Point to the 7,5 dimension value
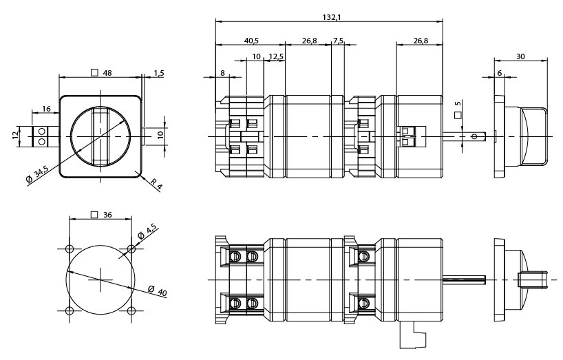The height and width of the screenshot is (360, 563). point(338,40)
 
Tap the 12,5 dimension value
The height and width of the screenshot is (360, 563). point(275,56)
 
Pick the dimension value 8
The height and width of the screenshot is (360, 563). point(222,72)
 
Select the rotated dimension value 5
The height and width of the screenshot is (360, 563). point(458,107)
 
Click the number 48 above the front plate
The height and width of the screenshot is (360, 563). point(107,72)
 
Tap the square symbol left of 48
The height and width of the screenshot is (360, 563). point(94,72)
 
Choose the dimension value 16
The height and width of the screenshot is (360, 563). point(45,109)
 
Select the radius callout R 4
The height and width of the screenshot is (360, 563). point(157,184)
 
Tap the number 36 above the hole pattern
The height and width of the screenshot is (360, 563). point(107,214)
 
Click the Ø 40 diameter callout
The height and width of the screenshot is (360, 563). point(156,290)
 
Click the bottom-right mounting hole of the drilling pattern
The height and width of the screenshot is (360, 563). point(131,311)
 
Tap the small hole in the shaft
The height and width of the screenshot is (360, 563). point(474,136)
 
